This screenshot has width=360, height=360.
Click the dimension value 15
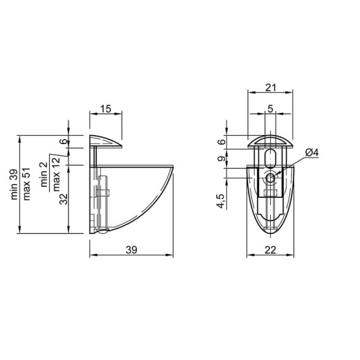pyautogui.click(x=106, y=109)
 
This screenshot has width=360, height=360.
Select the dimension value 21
pyautogui.click(x=271, y=88)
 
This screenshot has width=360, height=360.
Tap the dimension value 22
pyautogui.click(x=271, y=250)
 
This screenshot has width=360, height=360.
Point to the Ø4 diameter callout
pyautogui.click(x=312, y=152)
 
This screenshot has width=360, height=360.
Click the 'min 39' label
pyautogui.click(x=14, y=184)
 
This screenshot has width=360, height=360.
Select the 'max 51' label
pyautogui.click(x=27, y=184)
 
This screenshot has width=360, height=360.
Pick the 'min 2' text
pyautogui.click(x=44, y=174)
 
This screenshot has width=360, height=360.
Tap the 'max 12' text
pyautogui.click(x=56, y=174)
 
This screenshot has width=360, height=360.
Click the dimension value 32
pyautogui.click(x=64, y=199)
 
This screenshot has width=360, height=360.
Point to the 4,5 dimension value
pyautogui.click(x=221, y=201)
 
